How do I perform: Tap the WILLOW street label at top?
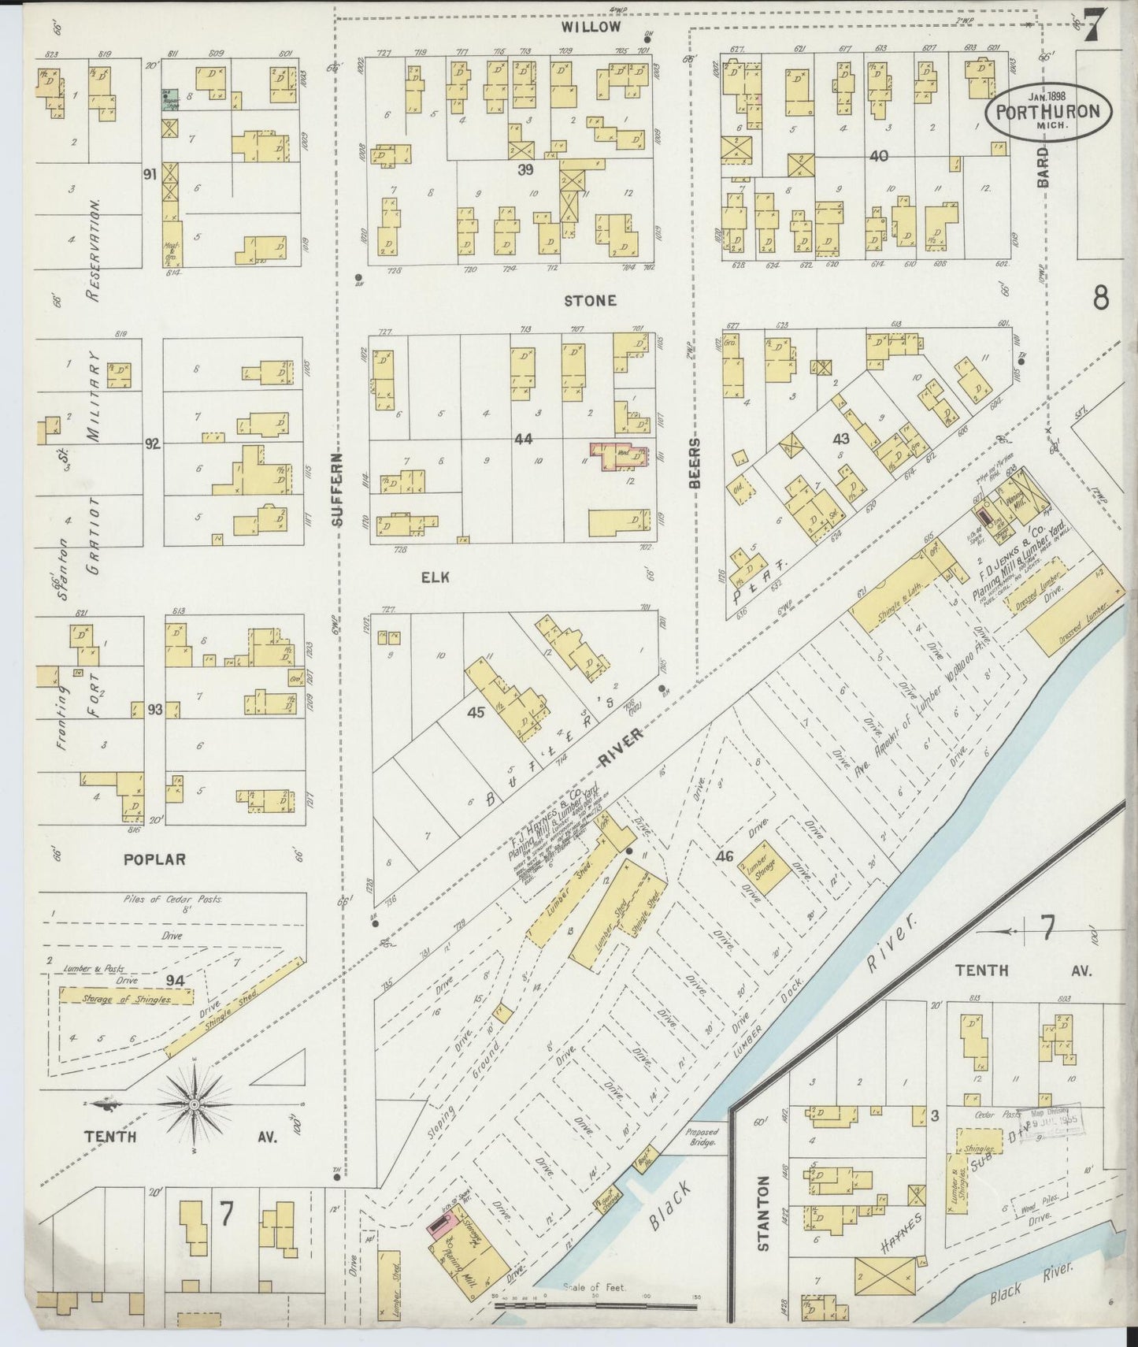(x=591, y=27)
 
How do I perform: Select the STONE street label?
(x=590, y=301)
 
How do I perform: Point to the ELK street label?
(x=435, y=577)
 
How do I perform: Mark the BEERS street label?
(x=695, y=462)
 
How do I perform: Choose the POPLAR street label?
(x=154, y=859)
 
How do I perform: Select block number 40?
(x=878, y=156)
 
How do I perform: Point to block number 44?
(x=523, y=438)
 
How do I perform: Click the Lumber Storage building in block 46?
(x=761, y=871)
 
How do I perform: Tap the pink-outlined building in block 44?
(x=620, y=457)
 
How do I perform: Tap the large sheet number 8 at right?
(x=1101, y=299)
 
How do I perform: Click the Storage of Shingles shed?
(x=126, y=997)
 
